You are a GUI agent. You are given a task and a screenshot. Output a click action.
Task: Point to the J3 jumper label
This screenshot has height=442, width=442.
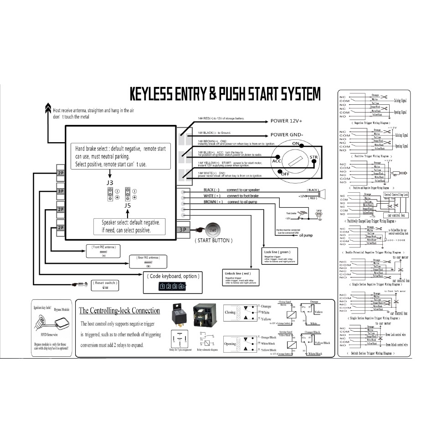click(x=110, y=183)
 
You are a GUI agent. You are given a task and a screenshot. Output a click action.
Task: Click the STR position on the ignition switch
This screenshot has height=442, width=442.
click(x=314, y=158)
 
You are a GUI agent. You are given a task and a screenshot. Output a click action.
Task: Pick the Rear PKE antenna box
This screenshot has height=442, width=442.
click(x=148, y=261)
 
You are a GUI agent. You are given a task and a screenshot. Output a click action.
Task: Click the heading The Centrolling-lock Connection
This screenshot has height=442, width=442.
click(x=119, y=311)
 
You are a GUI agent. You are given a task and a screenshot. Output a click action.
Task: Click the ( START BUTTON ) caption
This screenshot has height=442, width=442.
click(x=213, y=240)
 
